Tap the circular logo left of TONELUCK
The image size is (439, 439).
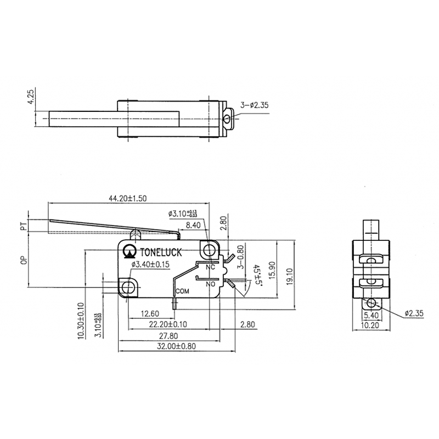(130, 251)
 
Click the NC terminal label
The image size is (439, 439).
(210, 268)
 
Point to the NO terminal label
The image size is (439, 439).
(210, 284)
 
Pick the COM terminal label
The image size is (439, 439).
(183, 291)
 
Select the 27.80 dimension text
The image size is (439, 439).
(167, 335)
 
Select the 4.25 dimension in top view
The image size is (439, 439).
(32, 97)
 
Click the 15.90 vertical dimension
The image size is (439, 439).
(273, 269)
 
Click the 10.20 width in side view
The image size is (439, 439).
(372, 325)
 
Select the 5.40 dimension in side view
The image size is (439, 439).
(372, 315)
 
